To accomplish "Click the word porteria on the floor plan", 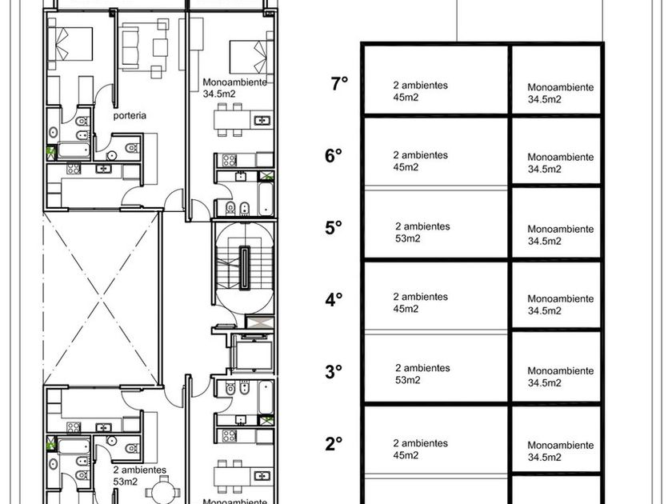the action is [x=130, y=115].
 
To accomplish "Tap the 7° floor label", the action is [x=339, y=83].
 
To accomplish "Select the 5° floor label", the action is [x=334, y=227].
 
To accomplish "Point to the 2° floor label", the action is [x=334, y=443].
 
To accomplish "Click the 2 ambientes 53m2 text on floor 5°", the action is [x=422, y=232].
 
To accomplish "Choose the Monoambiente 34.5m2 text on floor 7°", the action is [x=561, y=94].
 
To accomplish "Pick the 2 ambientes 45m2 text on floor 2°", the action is [x=421, y=449].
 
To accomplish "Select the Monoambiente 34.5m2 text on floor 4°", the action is [x=561, y=305].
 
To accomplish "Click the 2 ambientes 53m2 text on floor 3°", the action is [x=422, y=374].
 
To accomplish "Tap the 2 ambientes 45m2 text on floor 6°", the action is [x=421, y=161].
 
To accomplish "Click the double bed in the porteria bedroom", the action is [x=70, y=44].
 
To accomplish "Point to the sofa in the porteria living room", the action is [x=130, y=46].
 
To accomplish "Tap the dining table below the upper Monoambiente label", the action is [x=232, y=119].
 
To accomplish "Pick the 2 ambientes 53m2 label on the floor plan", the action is [x=140, y=476].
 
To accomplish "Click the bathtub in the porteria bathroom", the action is [x=74, y=150].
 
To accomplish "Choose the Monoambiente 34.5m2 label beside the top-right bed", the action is [x=235, y=88].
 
